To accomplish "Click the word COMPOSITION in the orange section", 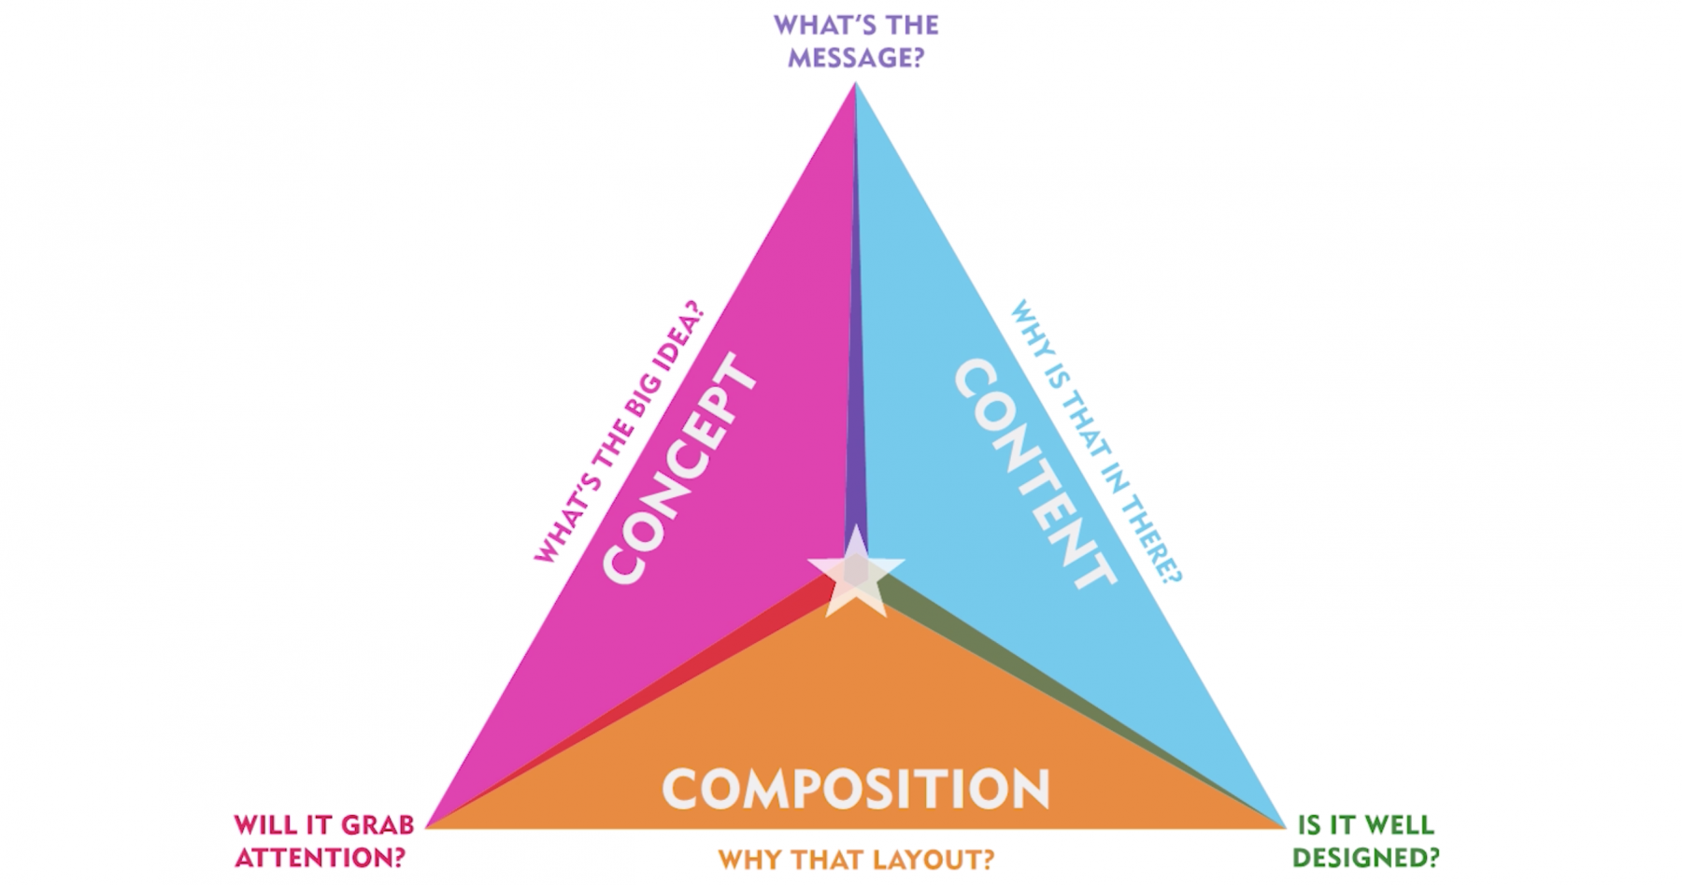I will coord(856,790).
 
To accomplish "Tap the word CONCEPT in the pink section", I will coord(680,468).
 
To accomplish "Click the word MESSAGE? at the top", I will coord(856,58).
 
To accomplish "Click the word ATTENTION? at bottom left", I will coord(320,857).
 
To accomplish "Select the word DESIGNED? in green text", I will coord(1365,857).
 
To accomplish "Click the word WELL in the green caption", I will coord(1400,824).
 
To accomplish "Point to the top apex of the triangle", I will coord(855,85).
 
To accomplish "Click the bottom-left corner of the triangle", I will coord(428,826).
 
